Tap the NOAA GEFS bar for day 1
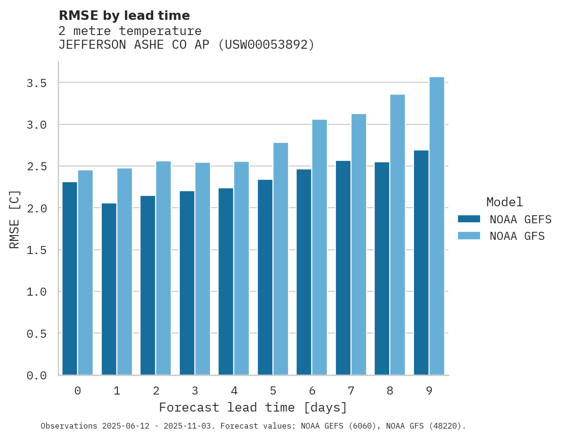(109, 289)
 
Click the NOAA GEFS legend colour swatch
(469, 219)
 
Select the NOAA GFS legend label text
(517, 236)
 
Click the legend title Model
(504, 202)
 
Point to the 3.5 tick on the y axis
(36, 83)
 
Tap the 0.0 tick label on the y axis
(36, 376)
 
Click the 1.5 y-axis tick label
(36, 250)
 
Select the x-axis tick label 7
(351, 391)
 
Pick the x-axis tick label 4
(234, 391)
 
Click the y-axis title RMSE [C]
(15, 219)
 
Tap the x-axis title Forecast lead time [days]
(253, 407)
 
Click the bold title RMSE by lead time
(124, 16)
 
